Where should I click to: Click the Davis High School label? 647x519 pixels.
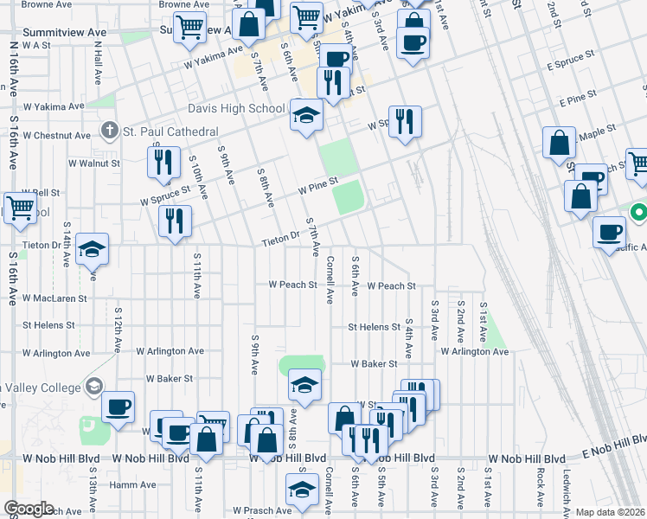[236, 109]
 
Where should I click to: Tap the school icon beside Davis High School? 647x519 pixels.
[306, 117]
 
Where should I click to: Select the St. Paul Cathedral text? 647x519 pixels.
[170, 131]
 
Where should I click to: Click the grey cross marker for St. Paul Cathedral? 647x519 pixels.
[109, 131]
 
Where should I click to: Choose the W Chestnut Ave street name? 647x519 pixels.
[56, 136]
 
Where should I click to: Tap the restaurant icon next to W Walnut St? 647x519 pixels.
[163, 162]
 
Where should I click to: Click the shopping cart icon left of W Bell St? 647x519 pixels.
[21, 208]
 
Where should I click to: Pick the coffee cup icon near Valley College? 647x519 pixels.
[119, 407]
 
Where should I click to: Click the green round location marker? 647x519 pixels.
[638, 212]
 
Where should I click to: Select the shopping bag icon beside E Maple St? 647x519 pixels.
[560, 142]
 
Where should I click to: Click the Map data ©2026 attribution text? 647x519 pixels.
[611, 512]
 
